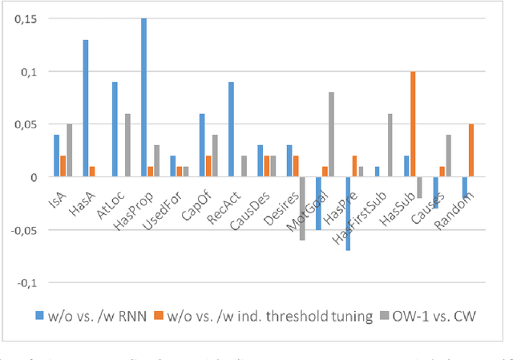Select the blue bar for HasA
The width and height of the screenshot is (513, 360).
[85, 108]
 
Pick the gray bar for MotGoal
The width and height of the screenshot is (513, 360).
[330, 135]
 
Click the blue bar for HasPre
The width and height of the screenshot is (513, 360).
[349, 213]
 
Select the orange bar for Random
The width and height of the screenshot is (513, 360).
[471, 151]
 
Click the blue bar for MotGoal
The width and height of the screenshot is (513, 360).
[319, 203]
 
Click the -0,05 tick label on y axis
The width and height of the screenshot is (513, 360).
[16, 230]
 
